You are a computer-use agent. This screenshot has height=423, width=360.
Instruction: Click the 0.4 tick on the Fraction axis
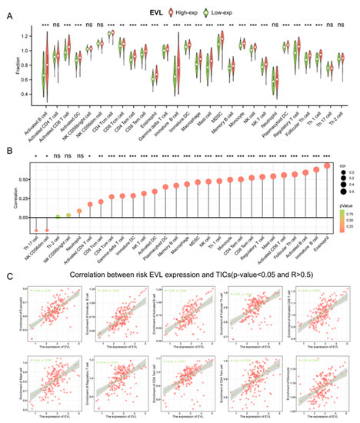click(25, 94)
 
